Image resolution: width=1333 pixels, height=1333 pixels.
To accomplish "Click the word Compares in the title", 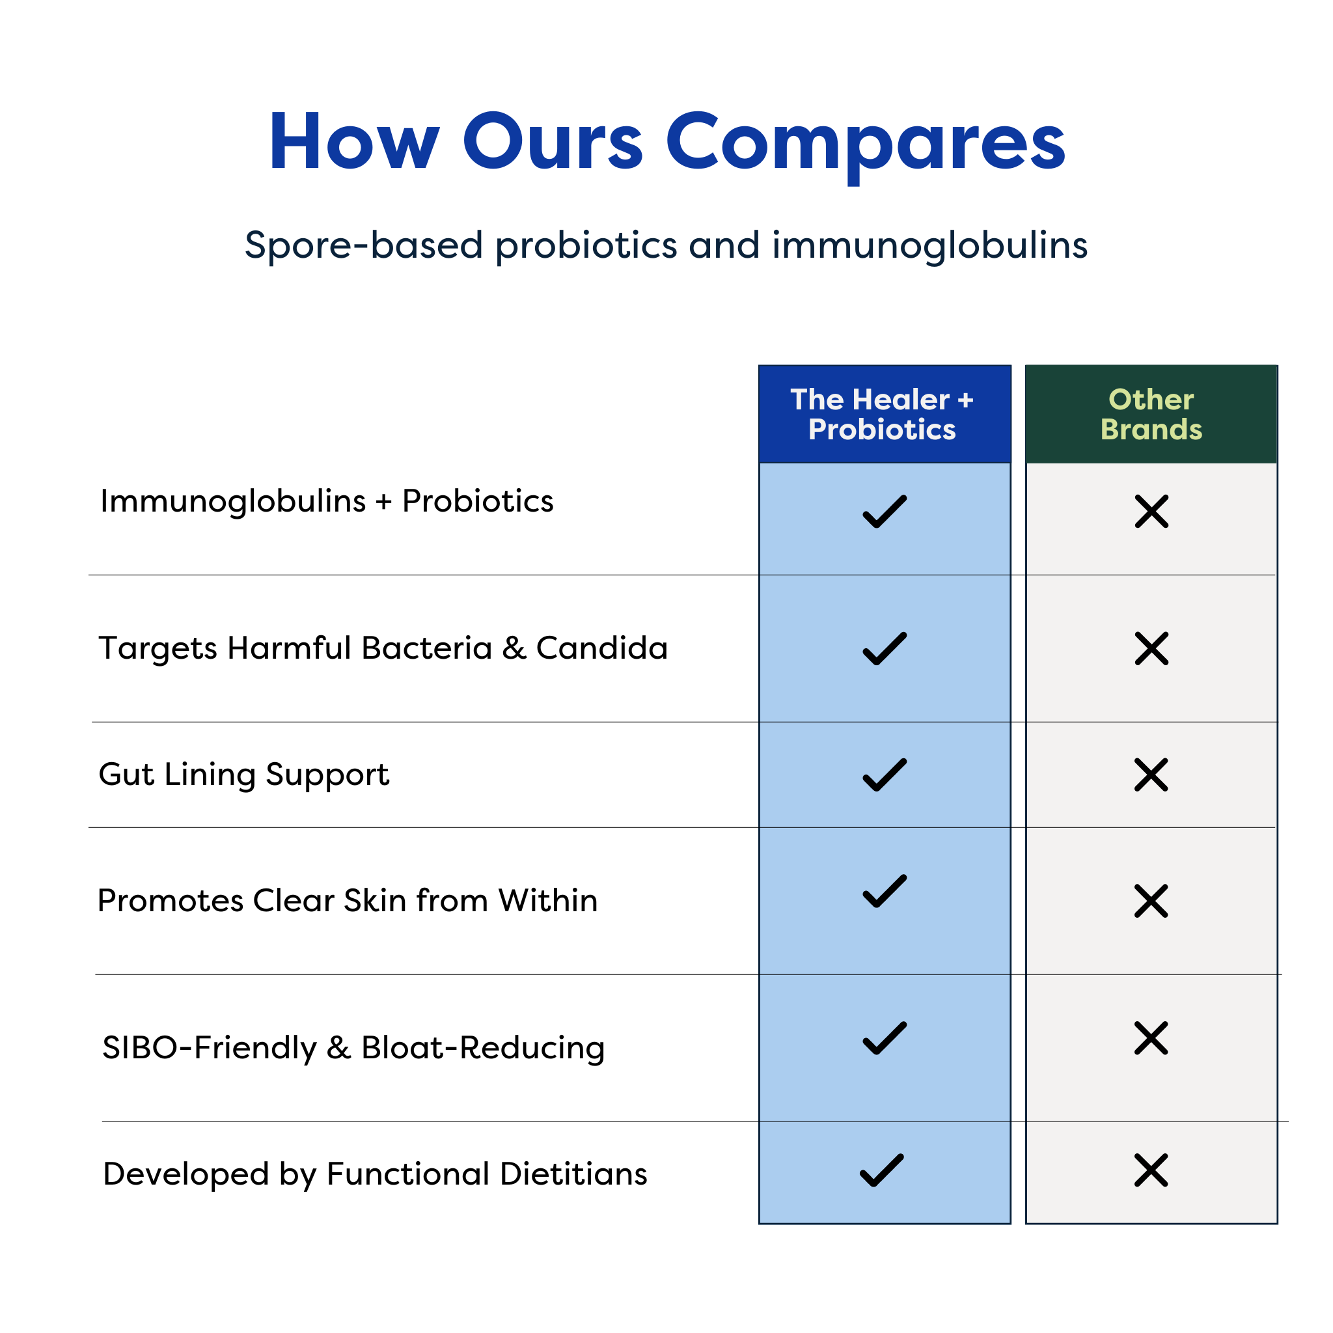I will click(x=865, y=143).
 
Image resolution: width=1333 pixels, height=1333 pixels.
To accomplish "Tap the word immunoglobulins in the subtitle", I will click(x=929, y=245).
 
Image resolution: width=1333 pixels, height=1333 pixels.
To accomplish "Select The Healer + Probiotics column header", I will click(x=884, y=414).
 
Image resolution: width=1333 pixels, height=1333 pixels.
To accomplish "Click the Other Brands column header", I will click(x=1151, y=414).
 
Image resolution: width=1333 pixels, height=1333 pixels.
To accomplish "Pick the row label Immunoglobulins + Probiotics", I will click(x=326, y=502).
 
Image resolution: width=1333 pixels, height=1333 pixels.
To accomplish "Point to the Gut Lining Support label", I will click(x=243, y=774).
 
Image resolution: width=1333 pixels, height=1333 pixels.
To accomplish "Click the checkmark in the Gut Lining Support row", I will click(x=885, y=775).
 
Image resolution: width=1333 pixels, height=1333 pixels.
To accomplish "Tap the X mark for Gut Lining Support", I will click(x=1151, y=775).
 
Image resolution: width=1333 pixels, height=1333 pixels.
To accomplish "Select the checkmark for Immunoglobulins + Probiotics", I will click(x=885, y=511).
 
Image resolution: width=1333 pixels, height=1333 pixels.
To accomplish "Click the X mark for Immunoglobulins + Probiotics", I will click(x=1151, y=511).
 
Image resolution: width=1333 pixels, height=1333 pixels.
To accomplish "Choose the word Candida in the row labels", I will click(x=601, y=648).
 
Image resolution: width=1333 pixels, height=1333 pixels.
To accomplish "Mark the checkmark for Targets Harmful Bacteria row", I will click(x=885, y=648).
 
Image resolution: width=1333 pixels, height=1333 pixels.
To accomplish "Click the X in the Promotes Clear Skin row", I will click(x=1151, y=901).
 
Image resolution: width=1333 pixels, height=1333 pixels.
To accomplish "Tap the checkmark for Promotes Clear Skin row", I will click(x=885, y=892).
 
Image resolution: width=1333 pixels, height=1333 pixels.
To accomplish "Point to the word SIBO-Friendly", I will click(x=209, y=1048).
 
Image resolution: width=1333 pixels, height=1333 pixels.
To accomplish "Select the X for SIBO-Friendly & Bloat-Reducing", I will click(x=1151, y=1038).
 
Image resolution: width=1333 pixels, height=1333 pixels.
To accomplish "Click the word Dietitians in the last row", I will click(x=573, y=1174).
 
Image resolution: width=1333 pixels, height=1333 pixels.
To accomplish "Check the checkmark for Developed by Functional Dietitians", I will click(x=882, y=1170).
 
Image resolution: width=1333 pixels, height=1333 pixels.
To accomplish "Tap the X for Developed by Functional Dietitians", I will click(x=1151, y=1170).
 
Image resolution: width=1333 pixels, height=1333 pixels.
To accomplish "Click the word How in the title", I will click(x=353, y=143).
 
